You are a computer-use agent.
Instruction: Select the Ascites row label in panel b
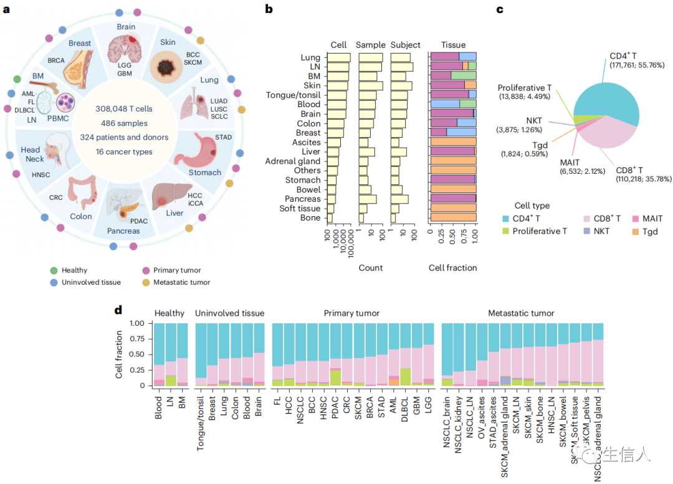click(307, 142)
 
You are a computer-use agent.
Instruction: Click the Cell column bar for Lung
click(340, 57)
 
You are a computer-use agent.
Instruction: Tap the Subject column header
click(405, 45)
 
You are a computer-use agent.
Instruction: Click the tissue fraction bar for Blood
click(453, 104)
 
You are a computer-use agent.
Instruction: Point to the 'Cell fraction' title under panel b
click(453, 268)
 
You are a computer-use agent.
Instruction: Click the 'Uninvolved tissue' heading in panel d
click(229, 313)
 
